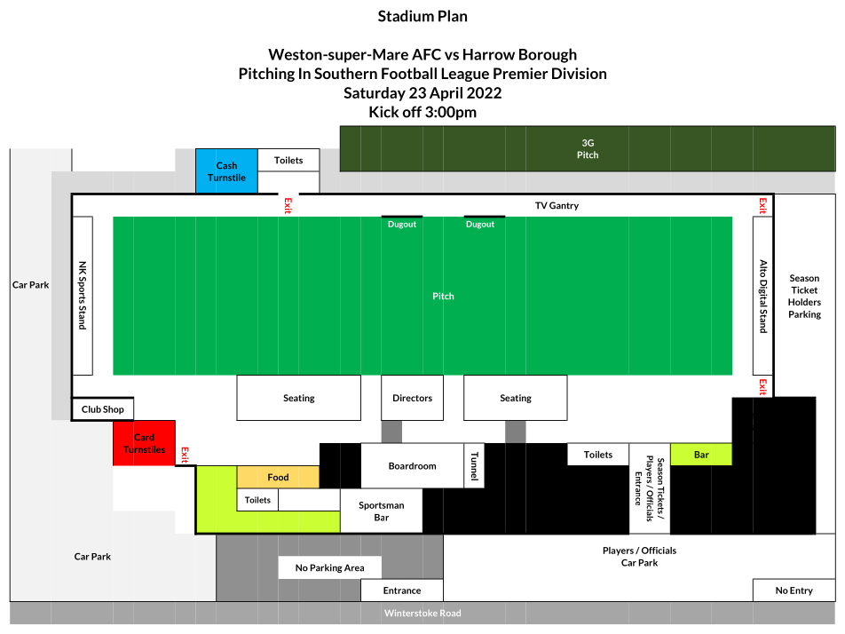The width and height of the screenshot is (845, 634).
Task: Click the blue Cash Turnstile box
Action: (226, 170)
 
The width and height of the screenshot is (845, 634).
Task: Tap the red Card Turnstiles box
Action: (144, 443)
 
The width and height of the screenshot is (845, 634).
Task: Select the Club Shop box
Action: (102, 409)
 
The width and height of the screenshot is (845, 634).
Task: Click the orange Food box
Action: (278, 477)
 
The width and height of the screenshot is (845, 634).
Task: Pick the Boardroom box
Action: (412, 466)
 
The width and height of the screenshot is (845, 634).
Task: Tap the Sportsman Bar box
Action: (382, 511)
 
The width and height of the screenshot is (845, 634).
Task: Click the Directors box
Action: (412, 398)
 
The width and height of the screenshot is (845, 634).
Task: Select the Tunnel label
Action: (474, 466)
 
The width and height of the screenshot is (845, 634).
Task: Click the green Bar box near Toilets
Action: (701, 455)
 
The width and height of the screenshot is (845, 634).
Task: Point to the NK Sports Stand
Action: (83, 296)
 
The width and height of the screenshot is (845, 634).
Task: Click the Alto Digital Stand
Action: (762, 296)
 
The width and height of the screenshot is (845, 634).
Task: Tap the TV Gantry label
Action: (557, 205)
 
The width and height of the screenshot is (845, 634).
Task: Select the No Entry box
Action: (794, 590)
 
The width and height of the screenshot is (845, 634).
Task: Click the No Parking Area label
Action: (330, 567)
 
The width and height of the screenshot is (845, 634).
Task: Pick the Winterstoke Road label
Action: (422, 613)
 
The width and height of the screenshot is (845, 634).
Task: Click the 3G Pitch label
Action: (588, 149)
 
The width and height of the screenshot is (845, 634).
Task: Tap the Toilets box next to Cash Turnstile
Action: (288, 160)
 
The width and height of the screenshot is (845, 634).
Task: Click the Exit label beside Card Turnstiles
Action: (185, 455)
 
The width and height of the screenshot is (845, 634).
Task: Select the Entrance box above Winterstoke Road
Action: (402, 590)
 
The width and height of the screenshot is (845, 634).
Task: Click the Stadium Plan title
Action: (422, 16)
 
